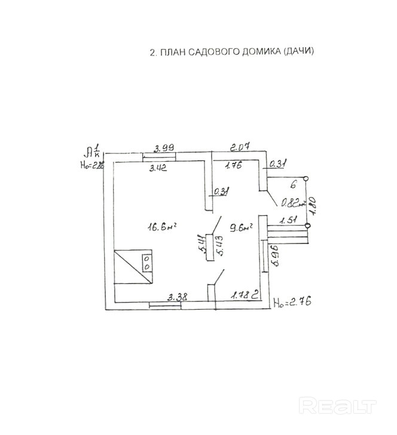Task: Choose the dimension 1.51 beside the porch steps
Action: coord(289,220)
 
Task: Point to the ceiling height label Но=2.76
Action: coord(292,303)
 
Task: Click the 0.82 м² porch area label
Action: coord(291,202)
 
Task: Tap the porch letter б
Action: coord(294,186)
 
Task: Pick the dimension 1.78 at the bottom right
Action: coord(241,295)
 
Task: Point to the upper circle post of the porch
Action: coord(307,178)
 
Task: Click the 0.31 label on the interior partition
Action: coord(222,191)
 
